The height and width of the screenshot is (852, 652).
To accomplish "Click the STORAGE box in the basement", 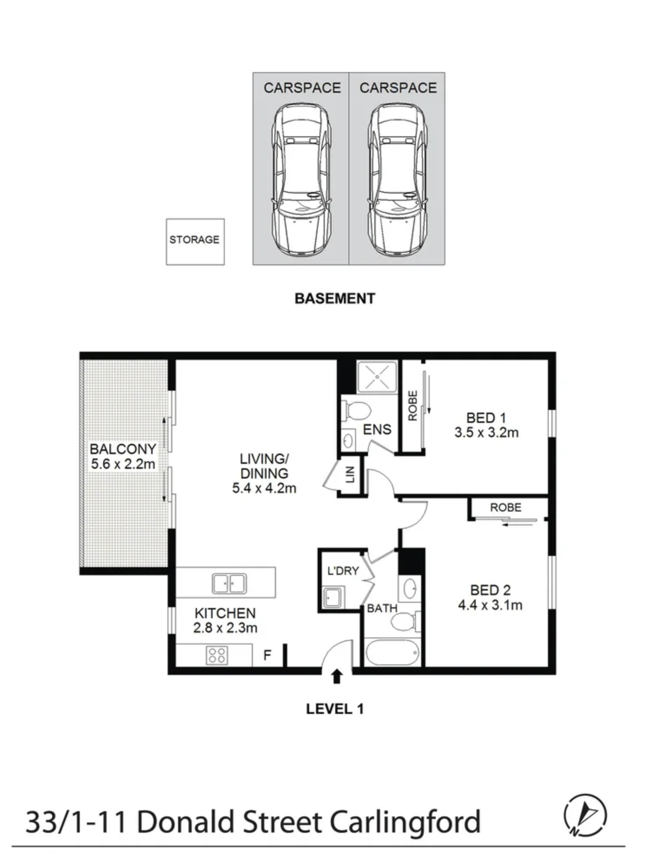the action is tap(195, 242).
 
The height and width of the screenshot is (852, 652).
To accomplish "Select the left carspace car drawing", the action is tap(301, 179).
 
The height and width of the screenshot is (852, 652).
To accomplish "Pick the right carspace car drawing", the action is tap(397, 179).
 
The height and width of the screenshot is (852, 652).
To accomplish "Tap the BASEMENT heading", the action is tap(335, 299).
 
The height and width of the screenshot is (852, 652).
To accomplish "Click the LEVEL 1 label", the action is tap(335, 709).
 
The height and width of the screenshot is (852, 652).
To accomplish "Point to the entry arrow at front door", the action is tap(337, 677).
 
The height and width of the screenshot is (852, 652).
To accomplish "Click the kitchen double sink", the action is tap(229, 583).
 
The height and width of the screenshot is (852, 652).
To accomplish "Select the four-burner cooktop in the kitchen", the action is tap(217, 655).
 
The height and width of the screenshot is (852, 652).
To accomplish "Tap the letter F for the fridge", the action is tap(267, 654).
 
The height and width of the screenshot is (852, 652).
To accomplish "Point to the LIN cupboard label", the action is tap(350, 474).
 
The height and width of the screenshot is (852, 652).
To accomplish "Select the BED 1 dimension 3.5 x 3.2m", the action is tap(487, 433).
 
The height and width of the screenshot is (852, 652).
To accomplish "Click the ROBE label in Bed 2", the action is tap(506, 507).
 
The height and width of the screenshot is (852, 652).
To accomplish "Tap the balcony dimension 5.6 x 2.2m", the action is tap(123, 464).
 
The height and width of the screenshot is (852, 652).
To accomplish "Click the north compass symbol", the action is tap(585, 815).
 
